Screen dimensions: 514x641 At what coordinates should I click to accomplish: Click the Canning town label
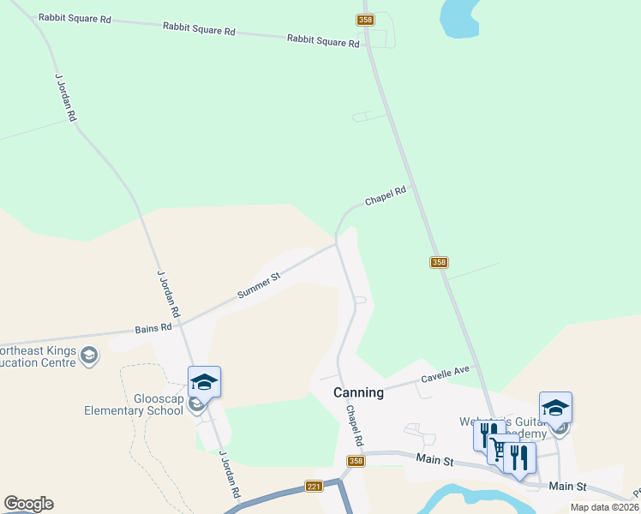coord(358,392)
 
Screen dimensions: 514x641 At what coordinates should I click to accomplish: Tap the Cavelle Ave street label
coord(446,374)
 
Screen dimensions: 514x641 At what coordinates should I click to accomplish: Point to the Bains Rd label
coord(153,326)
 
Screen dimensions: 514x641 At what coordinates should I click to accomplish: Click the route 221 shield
coord(314,487)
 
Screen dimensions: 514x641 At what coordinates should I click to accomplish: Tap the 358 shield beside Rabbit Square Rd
coord(365,19)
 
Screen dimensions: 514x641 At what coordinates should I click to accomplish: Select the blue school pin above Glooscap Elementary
coord(204,381)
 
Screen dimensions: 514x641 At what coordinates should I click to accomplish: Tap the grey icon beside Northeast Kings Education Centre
coord(89,355)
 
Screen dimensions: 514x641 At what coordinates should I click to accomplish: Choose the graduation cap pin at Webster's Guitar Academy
coord(555,407)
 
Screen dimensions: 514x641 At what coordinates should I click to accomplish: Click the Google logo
coord(28,504)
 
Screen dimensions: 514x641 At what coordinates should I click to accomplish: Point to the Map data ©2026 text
coord(604,507)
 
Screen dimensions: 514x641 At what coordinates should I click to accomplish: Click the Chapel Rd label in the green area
coord(384,197)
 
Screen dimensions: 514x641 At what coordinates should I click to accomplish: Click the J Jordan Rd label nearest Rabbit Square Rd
coord(65,97)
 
